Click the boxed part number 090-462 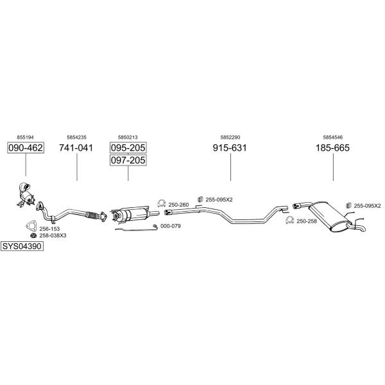click(26, 148)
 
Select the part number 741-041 click(76, 148)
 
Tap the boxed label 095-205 click(128, 148)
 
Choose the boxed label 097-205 click(128, 160)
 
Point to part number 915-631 click(230, 148)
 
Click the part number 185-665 click(332, 148)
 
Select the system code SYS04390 click(22, 246)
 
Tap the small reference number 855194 click(25, 137)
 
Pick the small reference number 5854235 click(76, 137)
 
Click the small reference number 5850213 click(128, 137)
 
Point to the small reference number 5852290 click(230, 137)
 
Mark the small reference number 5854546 click(332, 137)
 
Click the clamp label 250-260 click(178, 205)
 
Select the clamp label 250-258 click(307, 221)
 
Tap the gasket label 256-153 click(49, 229)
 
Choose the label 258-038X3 click(53, 235)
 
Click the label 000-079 click(171, 226)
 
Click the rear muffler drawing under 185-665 click(330, 216)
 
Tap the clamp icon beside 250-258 click(290, 220)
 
